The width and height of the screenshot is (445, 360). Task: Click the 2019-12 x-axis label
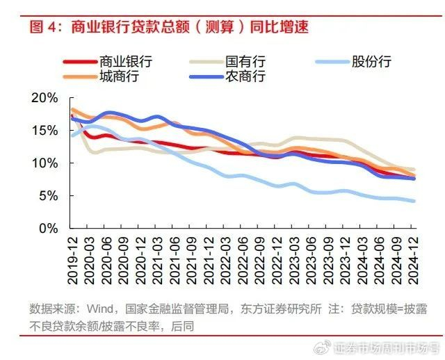(73, 259)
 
